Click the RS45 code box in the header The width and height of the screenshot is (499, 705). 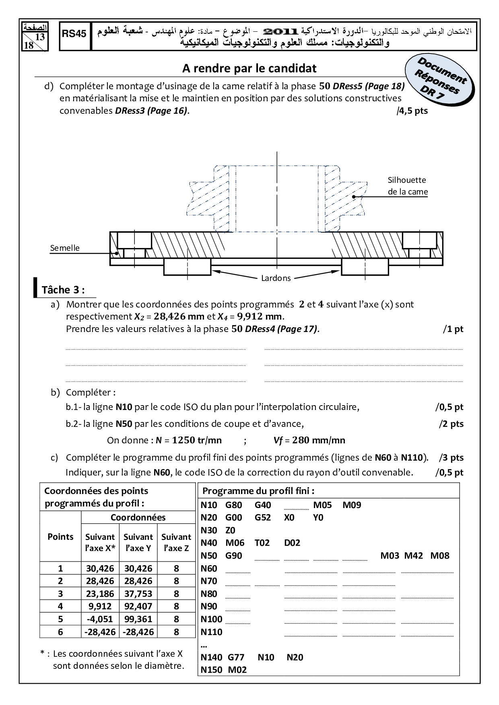pyautogui.click(x=74, y=34)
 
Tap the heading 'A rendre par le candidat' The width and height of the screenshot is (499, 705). pyautogui.click(x=249, y=68)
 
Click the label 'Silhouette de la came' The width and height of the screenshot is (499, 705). pyautogui.click(x=407, y=186)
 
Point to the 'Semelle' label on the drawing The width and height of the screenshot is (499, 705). pyautogui.click(x=65, y=248)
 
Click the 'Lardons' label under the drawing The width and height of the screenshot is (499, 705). pyautogui.click(x=276, y=278)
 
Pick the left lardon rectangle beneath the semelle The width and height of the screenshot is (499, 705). pyautogui.click(x=187, y=267)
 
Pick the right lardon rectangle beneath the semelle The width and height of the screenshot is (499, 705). pyautogui.click(x=365, y=267)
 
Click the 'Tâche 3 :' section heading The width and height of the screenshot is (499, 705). pyautogui.click(x=63, y=290)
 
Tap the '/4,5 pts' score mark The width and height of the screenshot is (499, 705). pyautogui.click(x=412, y=111)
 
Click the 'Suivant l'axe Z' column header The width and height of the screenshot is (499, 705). pyautogui.click(x=176, y=542)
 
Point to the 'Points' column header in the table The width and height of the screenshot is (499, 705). pyautogui.click(x=60, y=537)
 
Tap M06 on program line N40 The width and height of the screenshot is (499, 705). pyautogui.click(x=235, y=543)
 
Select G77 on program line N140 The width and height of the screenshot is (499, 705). pyautogui.click(x=236, y=658)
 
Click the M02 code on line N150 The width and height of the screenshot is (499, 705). pyautogui.click(x=237, y=670)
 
